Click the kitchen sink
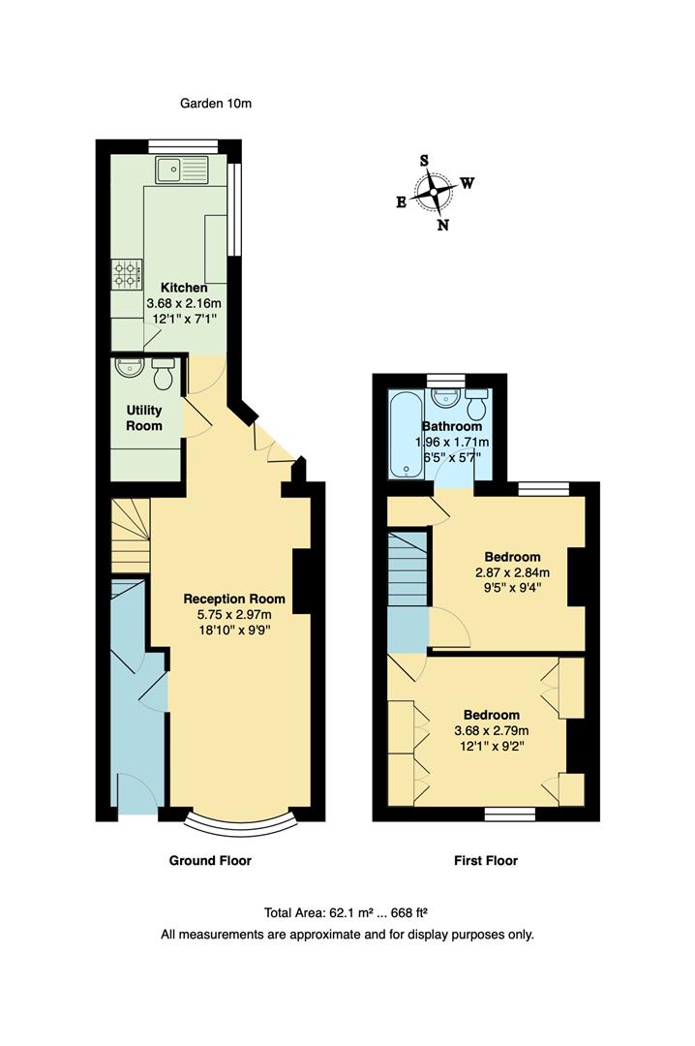(180, 169)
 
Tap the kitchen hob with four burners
(127, 274)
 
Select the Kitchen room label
(183, 288)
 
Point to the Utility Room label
(143, 418)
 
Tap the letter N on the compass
(443, 226)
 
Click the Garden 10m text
(216, 103)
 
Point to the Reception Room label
(234, 599)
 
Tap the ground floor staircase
(130, 537)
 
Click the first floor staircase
(408, 571)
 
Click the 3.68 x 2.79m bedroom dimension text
(492, 730)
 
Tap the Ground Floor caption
(210, 860)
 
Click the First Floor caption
(486, 860)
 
